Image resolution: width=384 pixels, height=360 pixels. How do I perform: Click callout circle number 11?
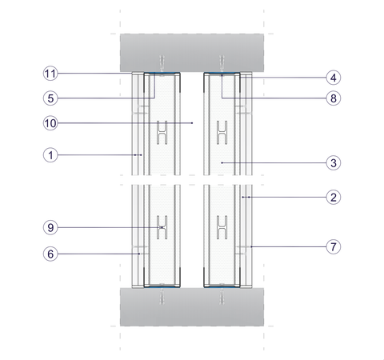50,74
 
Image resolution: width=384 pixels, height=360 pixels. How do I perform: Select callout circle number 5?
50,98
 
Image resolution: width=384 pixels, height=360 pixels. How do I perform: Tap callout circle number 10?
50,123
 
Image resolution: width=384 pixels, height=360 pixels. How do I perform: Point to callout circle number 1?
50,155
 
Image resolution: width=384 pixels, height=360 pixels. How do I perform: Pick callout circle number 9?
50,227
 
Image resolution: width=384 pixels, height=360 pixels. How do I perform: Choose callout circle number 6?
50,254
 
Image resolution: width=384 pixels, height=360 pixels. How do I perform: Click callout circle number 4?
334,78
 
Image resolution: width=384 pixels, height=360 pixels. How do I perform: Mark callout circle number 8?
334,98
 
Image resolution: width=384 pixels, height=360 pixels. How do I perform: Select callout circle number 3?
334,162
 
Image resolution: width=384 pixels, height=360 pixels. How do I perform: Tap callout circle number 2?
334,198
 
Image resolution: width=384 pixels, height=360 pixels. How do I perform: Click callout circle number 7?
334,246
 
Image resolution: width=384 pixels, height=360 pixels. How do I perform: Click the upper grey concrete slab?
192,53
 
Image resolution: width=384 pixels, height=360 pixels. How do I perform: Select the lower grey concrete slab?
192,306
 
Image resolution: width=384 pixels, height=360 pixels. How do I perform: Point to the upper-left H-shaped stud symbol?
162,133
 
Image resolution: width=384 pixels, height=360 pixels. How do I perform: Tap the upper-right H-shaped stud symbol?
222,133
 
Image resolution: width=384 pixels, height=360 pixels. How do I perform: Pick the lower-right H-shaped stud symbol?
222,227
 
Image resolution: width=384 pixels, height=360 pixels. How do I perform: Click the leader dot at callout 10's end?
192,123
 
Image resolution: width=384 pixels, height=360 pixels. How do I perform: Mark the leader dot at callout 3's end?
222,162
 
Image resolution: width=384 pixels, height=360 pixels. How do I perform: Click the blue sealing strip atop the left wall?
162,73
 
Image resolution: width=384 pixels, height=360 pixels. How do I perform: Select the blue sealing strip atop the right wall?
222,73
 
